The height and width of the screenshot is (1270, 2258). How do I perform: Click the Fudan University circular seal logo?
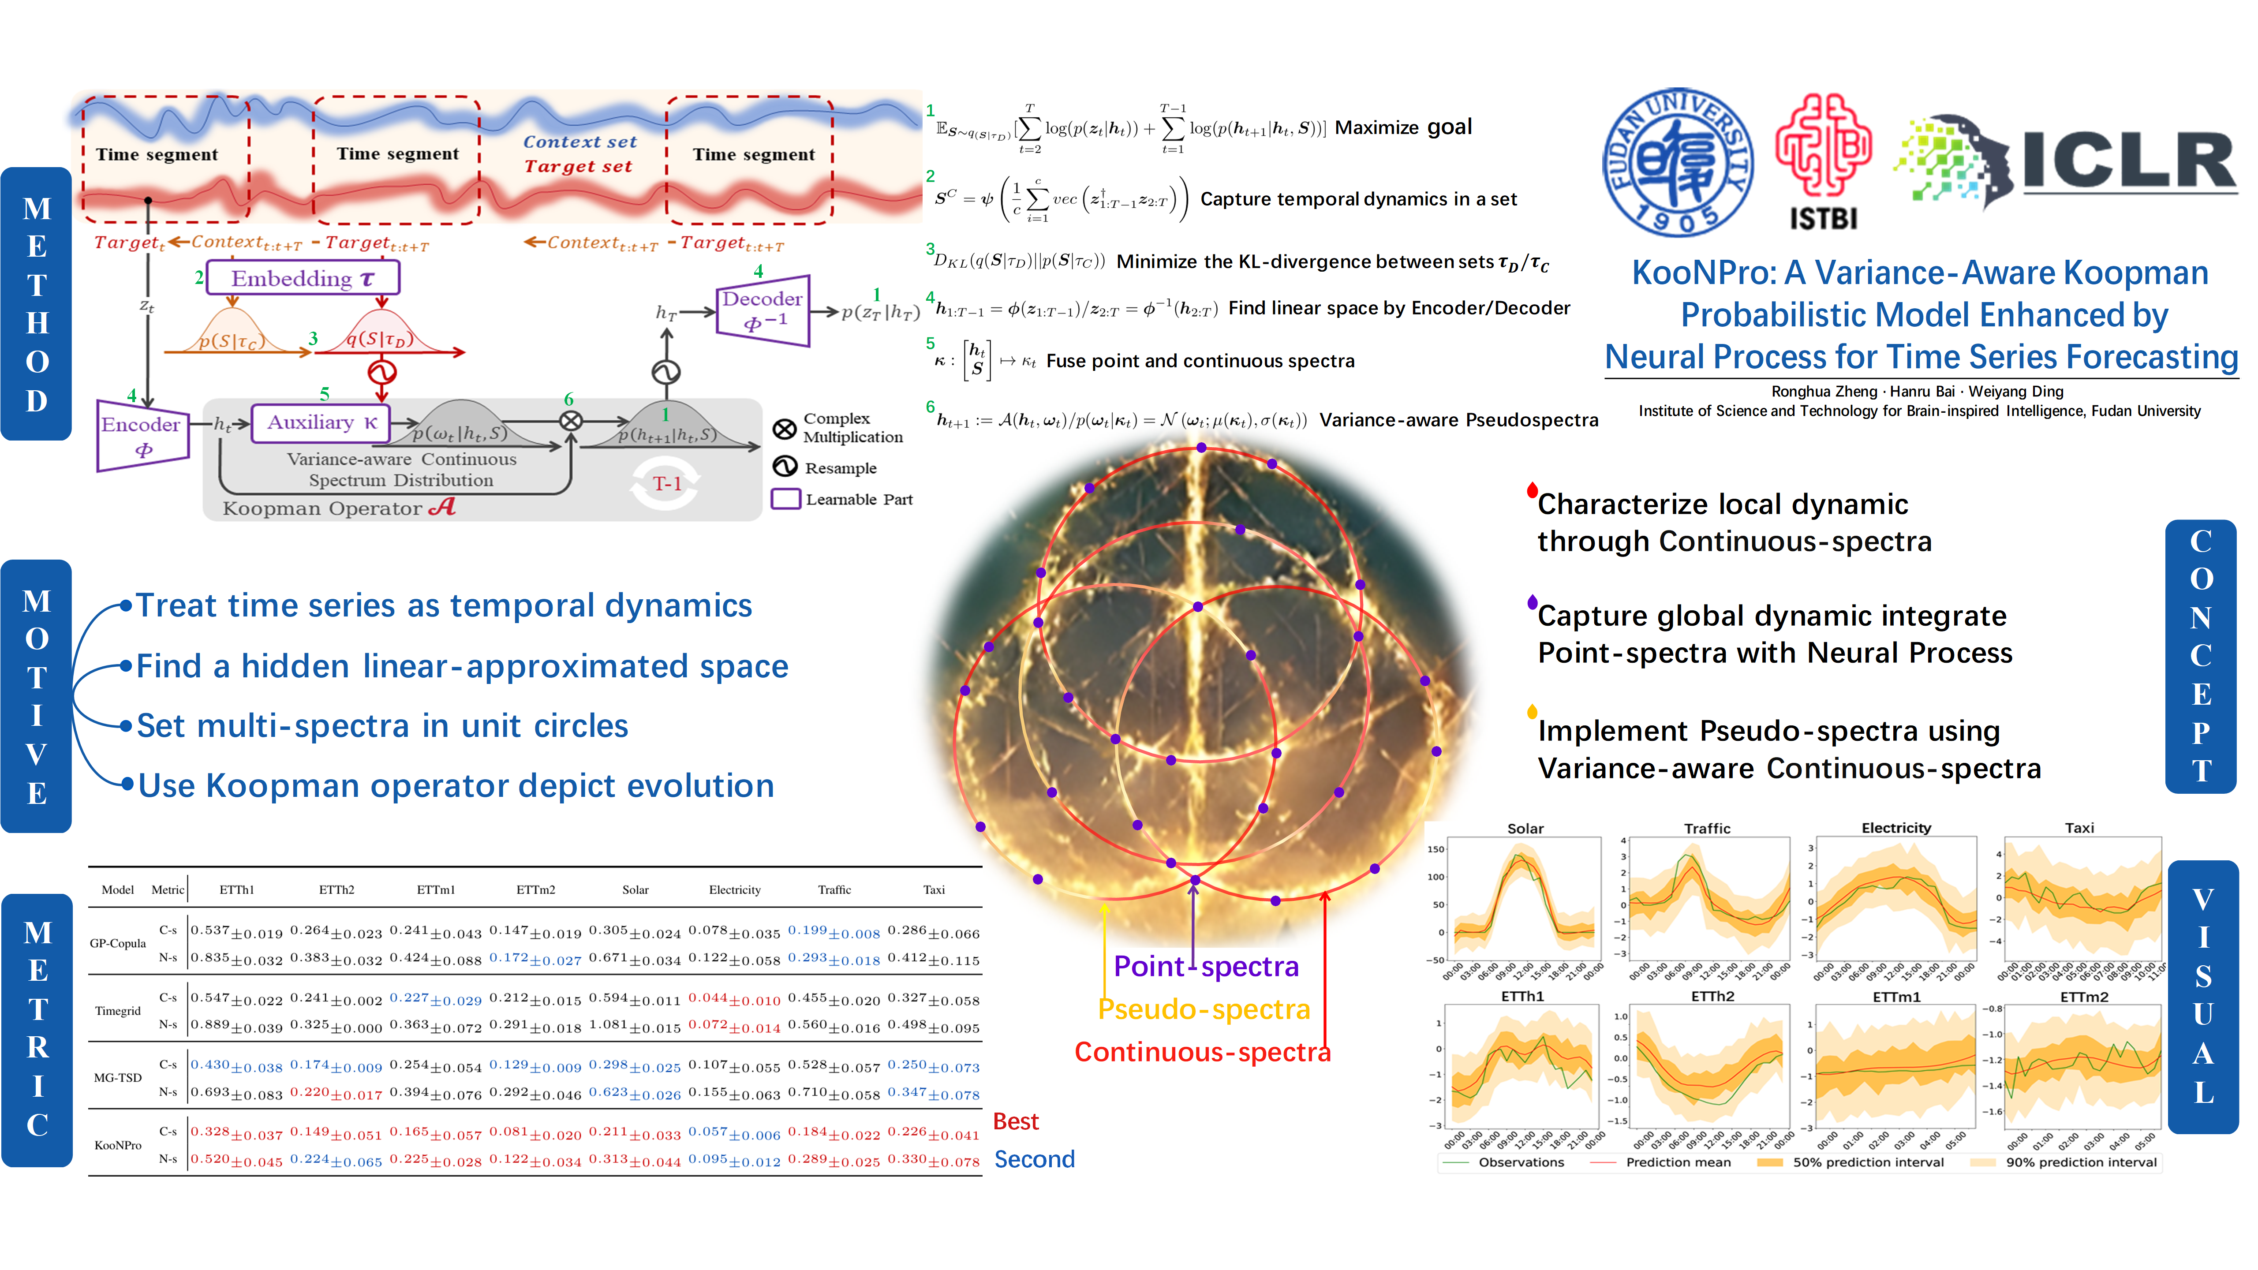(x=1677, y=163)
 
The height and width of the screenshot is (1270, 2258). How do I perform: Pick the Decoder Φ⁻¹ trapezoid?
(x=762, y=310)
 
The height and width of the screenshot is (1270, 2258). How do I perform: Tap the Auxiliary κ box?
(x=321, y=422)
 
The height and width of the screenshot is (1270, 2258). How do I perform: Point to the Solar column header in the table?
(x=636, y=889)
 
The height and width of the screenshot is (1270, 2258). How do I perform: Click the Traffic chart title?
(x=1707, y=828)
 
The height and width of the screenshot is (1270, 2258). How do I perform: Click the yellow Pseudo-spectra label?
(x=1204, y=1010)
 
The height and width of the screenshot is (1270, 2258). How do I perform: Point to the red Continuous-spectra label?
(x=1202, y=1052)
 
